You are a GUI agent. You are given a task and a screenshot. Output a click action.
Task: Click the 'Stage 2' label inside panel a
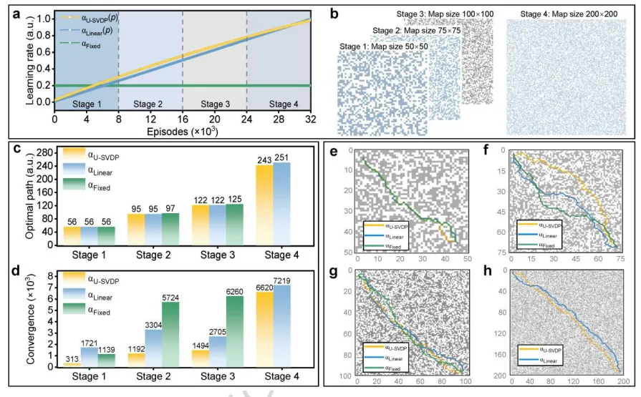point(149,104)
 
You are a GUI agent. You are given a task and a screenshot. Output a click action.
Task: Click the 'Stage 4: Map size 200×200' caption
point(565,14)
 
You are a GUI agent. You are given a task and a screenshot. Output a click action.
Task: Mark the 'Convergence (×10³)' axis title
point(29,319)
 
